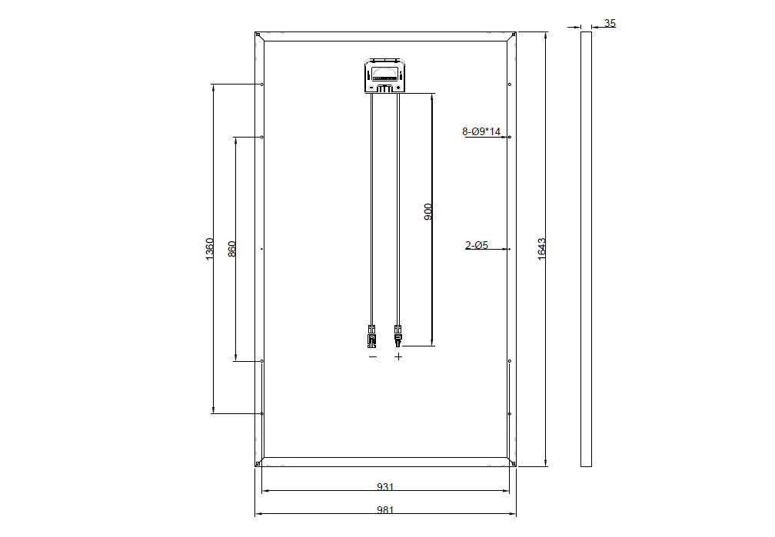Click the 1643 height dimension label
coord(542,249)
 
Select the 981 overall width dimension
coord(385,510)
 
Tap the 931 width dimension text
coord(385,486)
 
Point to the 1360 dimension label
coord(210,249)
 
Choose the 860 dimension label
coord(232,249)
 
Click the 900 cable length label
coord(428,211)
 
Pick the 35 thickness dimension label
coord(610,23)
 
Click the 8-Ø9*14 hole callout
coord(481,131)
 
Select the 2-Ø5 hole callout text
coord(477,245)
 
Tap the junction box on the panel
coord(385,75)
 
